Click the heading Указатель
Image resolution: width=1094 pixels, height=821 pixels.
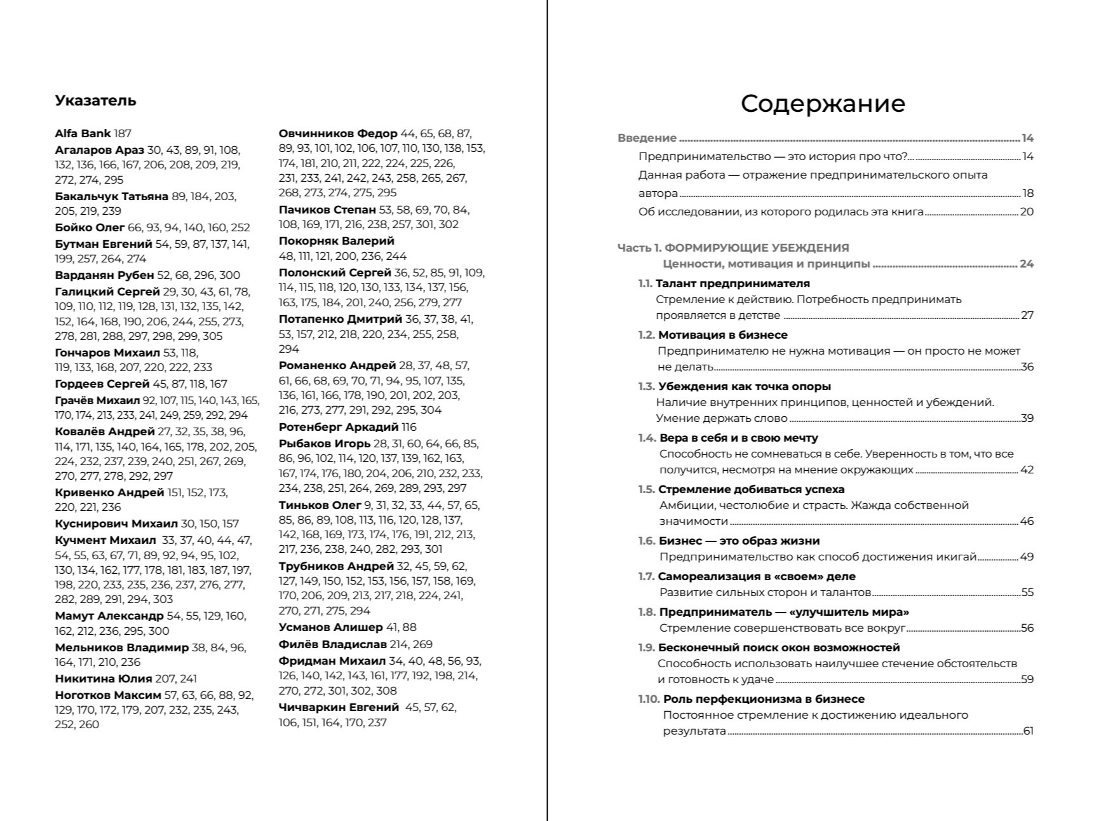95,100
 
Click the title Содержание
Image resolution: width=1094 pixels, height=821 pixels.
823,104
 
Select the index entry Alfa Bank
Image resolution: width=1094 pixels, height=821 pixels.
83,133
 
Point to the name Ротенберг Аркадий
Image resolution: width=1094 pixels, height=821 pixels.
339,427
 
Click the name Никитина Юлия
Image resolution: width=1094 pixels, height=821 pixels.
104,679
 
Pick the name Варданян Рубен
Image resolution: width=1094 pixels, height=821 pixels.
104,275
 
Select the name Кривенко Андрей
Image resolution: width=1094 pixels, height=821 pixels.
109,492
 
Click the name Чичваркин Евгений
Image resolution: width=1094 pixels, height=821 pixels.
339,707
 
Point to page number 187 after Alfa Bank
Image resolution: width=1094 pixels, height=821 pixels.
123,133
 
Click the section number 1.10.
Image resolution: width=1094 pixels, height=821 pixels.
649,699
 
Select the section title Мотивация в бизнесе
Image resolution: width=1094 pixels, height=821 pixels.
722,335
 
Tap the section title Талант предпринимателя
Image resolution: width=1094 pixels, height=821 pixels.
733,283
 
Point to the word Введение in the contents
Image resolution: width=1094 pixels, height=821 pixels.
647,138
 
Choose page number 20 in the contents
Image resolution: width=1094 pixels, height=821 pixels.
1027,212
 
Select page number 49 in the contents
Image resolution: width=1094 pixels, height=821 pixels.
1027,557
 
